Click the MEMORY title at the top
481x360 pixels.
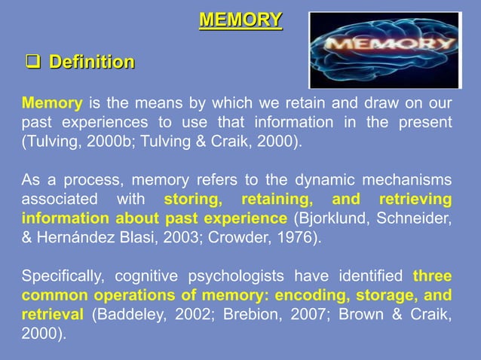tap(240, 20)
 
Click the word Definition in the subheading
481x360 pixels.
tap(92, 62)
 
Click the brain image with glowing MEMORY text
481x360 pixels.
tap(384, 50)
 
